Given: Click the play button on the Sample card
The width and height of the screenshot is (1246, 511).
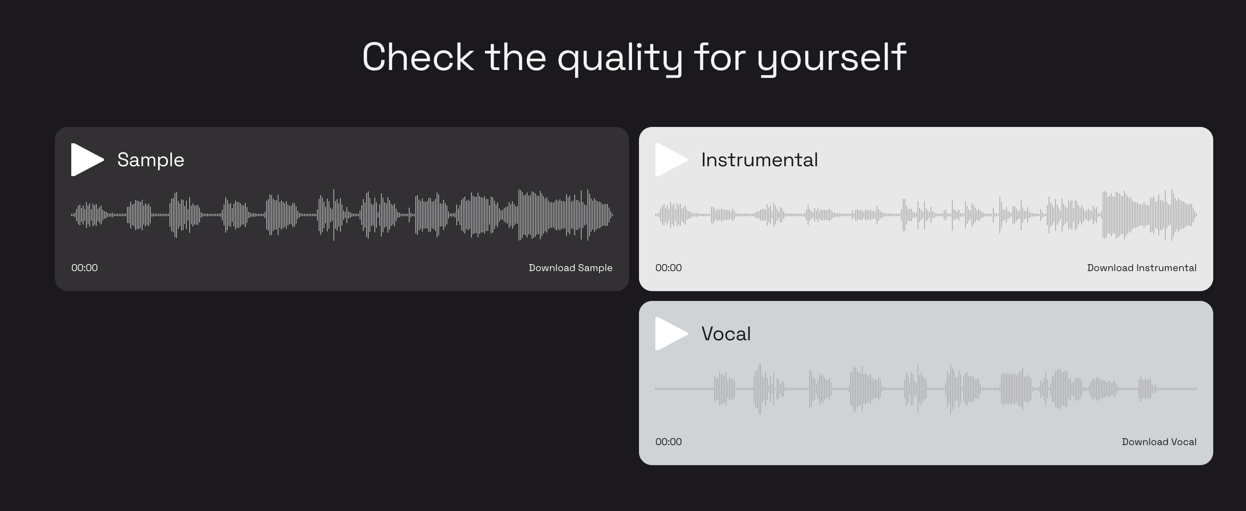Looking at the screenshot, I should click(86, 160).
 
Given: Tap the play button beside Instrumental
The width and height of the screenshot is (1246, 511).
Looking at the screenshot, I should click(670, 160).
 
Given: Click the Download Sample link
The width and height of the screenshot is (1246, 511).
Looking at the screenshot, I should click(570, 268).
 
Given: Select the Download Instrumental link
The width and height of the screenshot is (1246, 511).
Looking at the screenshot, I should click(1142, 268).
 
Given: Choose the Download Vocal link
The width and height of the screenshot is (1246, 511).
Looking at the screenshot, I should click(1159, 442).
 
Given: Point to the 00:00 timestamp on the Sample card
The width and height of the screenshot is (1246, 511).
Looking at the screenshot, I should click(85, 268).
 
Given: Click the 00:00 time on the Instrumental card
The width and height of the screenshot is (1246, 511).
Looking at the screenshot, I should click(668, 268).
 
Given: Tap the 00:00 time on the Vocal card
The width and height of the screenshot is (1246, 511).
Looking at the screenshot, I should click(668, 442).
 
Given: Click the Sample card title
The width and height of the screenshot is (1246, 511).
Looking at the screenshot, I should click(150, 160).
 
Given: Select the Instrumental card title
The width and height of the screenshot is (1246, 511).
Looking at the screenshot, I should click(759, 160).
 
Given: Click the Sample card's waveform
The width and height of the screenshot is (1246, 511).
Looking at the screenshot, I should click(342, 215).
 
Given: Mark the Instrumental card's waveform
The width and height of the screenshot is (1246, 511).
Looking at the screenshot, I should click(926, 215).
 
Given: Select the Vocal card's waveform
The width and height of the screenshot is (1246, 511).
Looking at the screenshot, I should click(926, 389).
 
